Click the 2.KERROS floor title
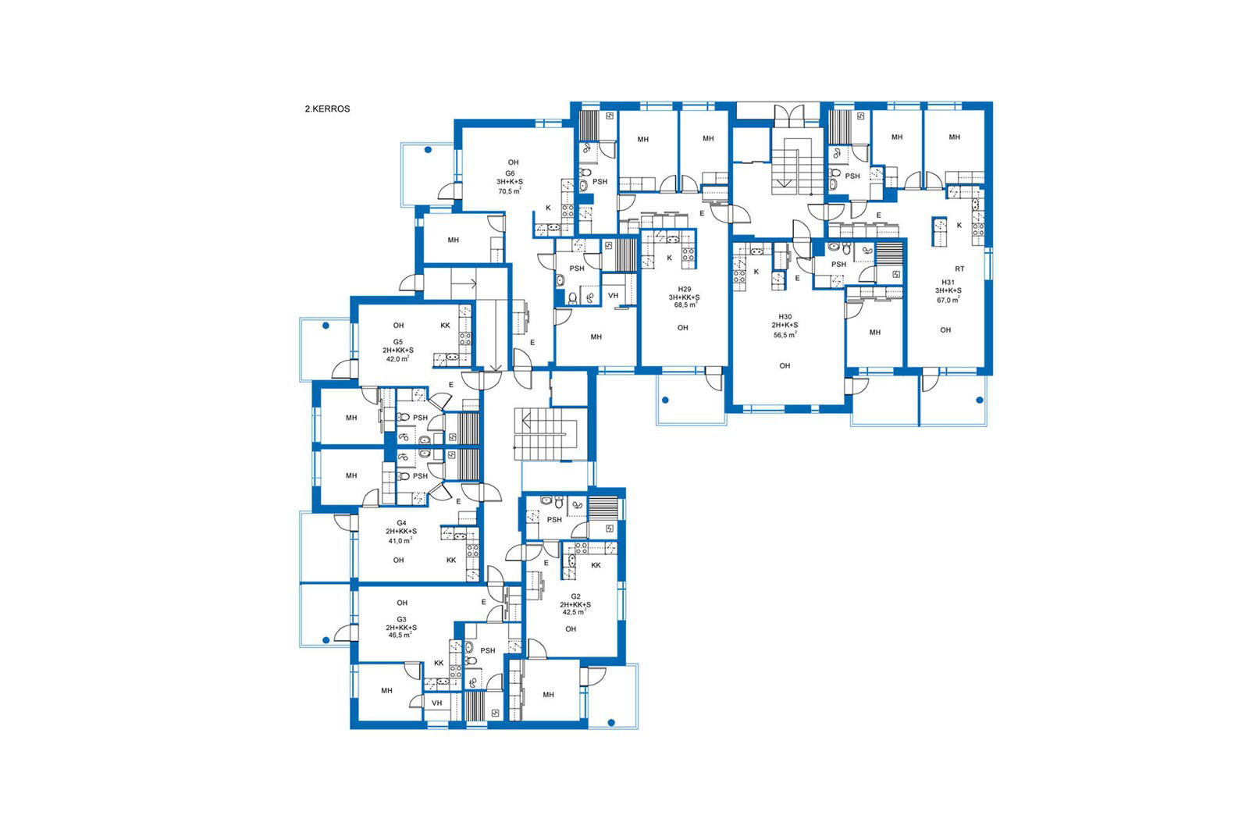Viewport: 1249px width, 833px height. pyautogui.click(x=327, y=109)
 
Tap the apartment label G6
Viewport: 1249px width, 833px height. pyautogui.click(x=510, y=173)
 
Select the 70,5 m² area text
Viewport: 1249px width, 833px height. pyautogui.click(x=510, y=191)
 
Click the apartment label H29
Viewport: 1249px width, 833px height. pyautogui.click(x=684, y=289)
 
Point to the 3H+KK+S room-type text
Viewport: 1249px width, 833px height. pyautogui.click(x=684, y=297)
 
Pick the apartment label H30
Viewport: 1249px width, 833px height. pyautogui.click(x=785, y=317)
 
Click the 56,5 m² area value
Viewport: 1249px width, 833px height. pyautogui.click(x=785, y=335)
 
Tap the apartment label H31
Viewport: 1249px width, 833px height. pyautogui.click(x=948, y=282)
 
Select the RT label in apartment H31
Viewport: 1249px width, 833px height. pyautogui.click(x=959, y=269)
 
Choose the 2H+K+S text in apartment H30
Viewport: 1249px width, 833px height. pyautogui.click(x=785, y=325)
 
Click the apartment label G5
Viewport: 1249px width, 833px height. pyautogui.click(x=397, y=342)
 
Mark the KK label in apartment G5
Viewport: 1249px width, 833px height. pyautogui.click(x=445, y=325)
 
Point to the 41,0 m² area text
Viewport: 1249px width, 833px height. pyautogui.click(x=400, y=540)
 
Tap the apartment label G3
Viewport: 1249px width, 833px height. pyautogui.click(x=401, y=619)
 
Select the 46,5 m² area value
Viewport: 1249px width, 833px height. pyautogui.click(x=400, y=635)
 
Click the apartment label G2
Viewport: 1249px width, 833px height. pyautogui.click(x=575, y=596)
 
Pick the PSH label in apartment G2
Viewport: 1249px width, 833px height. pyautogui.click(x=554, y=520)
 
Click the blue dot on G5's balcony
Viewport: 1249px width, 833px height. pyautogui.click(x=326, y=326)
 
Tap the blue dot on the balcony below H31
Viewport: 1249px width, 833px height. pyautogui.click(x=980, y=400)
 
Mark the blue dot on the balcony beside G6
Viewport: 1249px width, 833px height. pyautogui.click(x=429, y=149)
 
